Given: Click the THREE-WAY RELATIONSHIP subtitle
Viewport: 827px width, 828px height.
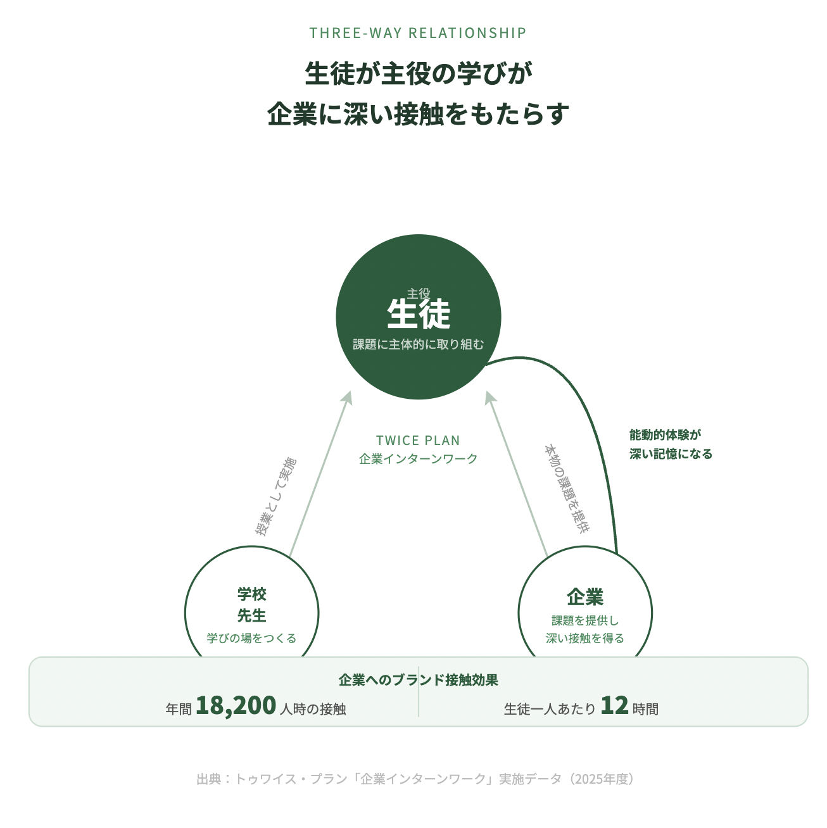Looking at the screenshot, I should tap(418, 33).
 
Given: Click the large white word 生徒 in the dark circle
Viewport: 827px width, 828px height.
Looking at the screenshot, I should tap(419, 314).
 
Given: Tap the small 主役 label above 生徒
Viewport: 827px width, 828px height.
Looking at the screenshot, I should tap(419, 294).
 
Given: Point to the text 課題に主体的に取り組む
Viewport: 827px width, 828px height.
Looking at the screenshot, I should tap(419, 344).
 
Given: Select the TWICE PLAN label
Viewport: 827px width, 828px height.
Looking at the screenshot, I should tap(418, 441).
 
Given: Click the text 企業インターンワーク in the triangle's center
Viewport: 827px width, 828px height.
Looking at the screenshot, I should tap(418, 459).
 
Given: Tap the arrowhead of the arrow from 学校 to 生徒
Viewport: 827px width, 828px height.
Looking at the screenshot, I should tap(347, 398).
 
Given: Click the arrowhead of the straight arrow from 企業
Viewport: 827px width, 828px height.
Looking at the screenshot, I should tap(489, 398).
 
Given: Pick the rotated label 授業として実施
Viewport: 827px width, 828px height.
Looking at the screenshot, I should tap(275, 496).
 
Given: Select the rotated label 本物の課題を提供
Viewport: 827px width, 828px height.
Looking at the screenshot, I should tap(566, 489).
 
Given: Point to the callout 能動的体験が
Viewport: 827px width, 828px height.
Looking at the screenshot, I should tap(666, 435).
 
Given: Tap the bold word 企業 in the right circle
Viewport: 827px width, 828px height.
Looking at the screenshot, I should tap(585, 597).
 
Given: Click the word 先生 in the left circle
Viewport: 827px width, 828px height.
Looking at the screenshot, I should tap(252, 615).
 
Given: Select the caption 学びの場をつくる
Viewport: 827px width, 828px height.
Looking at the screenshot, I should tap(252, 638).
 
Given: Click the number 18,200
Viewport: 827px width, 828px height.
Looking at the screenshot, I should tap(236, 705).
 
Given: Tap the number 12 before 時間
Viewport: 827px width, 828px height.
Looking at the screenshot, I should tap(614, 705).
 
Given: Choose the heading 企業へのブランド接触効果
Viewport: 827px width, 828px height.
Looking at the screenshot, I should tap(418, 680).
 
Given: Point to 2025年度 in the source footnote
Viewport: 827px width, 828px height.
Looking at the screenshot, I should tap(602, 779).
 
